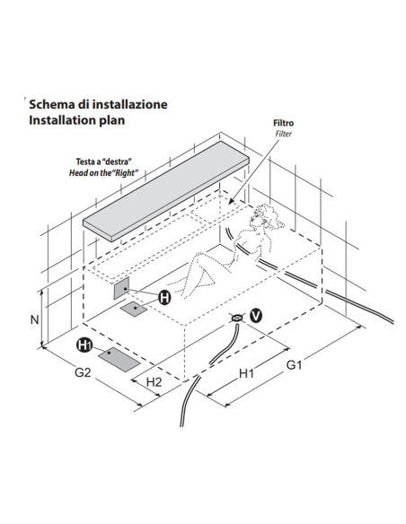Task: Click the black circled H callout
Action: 164,297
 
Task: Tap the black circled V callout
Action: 256,316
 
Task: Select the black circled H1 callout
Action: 84,345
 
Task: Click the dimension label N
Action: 34,319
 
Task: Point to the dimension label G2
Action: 83,372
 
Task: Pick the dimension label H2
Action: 154,382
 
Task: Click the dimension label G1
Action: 295,365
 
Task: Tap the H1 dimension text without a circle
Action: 246,373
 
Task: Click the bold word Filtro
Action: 284,123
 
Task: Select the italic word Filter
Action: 284,134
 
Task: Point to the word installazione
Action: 129,104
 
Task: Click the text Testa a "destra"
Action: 103,162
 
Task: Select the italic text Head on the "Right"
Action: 103,173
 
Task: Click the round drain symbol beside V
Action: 237,319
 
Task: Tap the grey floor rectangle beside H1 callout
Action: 119,359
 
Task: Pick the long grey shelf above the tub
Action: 166,191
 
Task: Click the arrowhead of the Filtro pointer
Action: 231,202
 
